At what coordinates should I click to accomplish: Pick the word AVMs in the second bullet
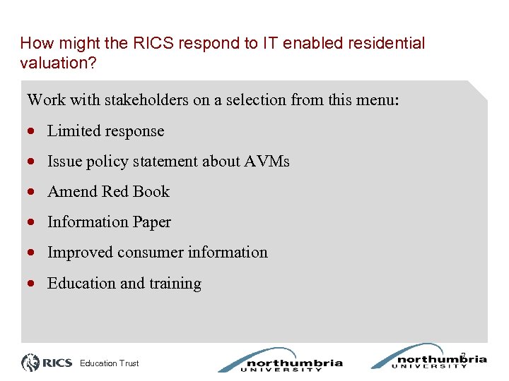click(x=267, y=161)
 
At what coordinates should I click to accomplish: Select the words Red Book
click(x=136, y=191)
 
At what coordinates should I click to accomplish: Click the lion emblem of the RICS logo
click(x=30, y=363)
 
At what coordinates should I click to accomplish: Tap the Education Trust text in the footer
click(x=110, y=363)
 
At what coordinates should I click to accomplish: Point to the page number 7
click(x=463, y=354)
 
